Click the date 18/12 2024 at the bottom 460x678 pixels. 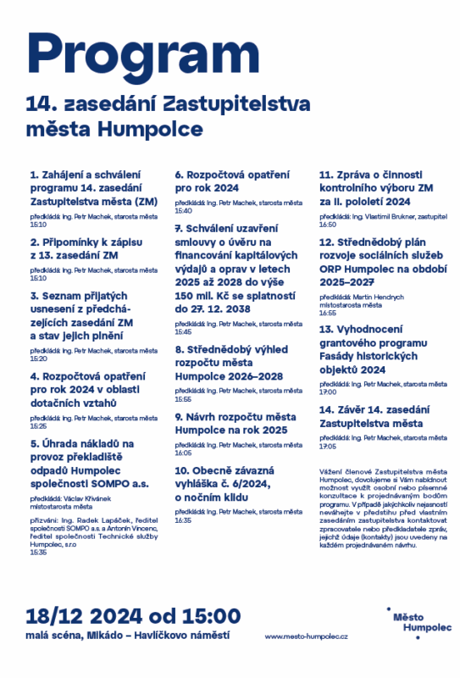pos(134,615)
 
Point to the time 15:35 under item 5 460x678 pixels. pos(38,552)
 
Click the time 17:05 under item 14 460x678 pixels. pos(328,446)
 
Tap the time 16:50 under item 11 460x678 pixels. pos(328,225)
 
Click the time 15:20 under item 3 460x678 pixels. pos(38,358)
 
